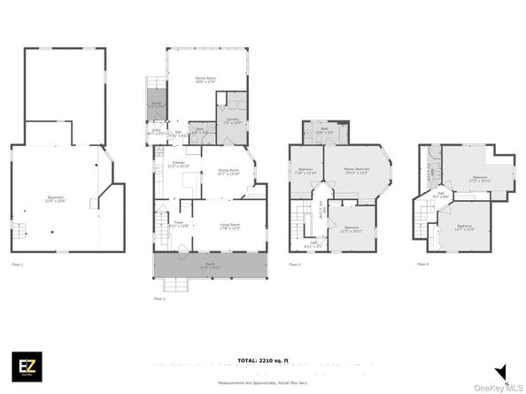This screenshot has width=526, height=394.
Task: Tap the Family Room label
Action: coord(206,81)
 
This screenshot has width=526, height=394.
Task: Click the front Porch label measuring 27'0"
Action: coord(210,266)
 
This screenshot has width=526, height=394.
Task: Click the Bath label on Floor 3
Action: coord(324,133)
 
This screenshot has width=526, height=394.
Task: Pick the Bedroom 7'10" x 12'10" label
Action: coord(306,170)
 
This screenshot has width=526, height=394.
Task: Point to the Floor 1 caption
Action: coord(18,264)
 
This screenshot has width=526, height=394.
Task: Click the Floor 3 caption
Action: coord(294,264)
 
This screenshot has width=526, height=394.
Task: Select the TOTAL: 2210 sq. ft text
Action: coord(262,361)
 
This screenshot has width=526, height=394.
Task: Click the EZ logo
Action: coord(24,366)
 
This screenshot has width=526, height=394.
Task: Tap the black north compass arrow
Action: coord(500,372)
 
